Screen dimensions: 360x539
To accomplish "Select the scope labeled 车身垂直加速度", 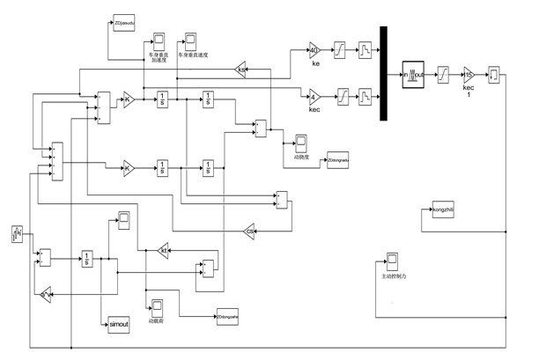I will click(159, 40).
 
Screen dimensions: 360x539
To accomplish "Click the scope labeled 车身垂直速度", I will click(190, 40).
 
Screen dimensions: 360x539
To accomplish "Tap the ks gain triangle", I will click(241, 69).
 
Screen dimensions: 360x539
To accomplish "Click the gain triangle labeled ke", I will click(315, 50).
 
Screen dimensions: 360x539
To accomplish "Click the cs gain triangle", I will click(250, 230).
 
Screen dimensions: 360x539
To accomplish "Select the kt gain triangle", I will click(163, 251).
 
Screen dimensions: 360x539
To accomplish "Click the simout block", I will click(118, 324).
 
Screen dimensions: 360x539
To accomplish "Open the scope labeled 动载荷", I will click(157, 306).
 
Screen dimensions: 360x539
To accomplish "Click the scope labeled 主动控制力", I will click(391, 261).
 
